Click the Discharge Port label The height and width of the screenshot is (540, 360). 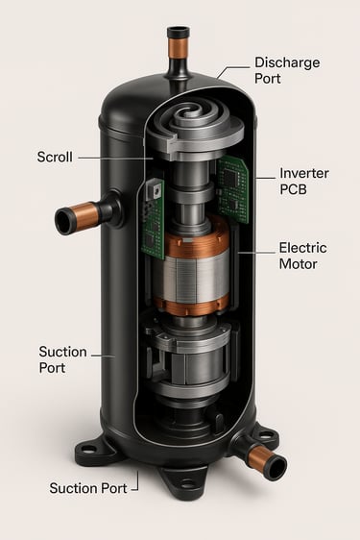pyautogui.click(x=287, y=70)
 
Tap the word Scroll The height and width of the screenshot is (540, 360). pyautogui.click(x=55, y=157)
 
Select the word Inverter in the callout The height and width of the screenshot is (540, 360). pyautogui.click(x=304, y=173)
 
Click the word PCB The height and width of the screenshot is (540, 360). pyautogui.click(x=293, y=189)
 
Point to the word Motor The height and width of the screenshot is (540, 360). pyautogui.click(x=298, y=264)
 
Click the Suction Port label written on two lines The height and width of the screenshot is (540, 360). pyautogui.click(x=62, y=359)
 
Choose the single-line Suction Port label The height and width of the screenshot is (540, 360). pyautogui.click(x=88, y=488)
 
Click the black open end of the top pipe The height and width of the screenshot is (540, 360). pyautogui.click(x=179, y=33)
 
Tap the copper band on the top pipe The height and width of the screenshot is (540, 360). pyautogui.click(x=179, y=47)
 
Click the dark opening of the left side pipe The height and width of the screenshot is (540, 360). pyautogui.click(x=63, y=221)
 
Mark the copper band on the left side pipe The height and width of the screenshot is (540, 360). pyautogui.click(x=84, y=215)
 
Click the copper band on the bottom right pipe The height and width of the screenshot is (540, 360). pyautogui.click(x=258, y=455)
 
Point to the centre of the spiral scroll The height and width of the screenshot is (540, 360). pyautogui.click(x=187, y=112)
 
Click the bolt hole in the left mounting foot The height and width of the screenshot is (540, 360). pyautogui.click(x=88, y=449)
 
